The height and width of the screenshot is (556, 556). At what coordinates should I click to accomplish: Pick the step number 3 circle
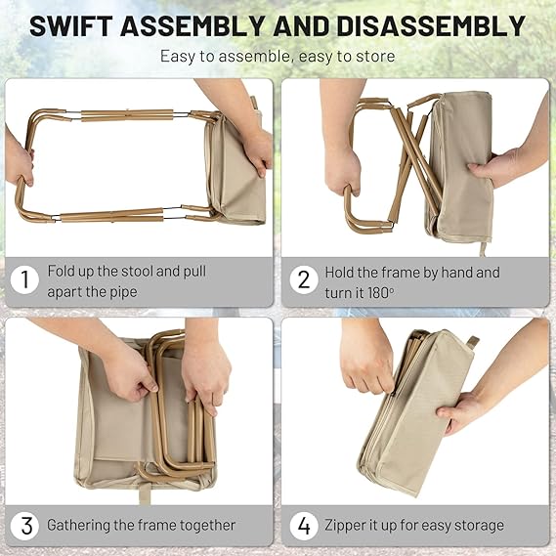pyautogui.click(x=26, y=526)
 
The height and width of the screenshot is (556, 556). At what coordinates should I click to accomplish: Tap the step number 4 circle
pyautogui.click(x=304, y=526)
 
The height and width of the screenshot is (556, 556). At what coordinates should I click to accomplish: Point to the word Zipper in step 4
pyautogui.click(x=349, y=526)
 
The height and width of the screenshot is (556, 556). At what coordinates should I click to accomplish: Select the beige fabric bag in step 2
pyautogui.click(x=459, y=166)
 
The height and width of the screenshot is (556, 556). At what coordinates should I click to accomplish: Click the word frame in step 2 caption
pyautogui.click(x=381, y=271)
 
